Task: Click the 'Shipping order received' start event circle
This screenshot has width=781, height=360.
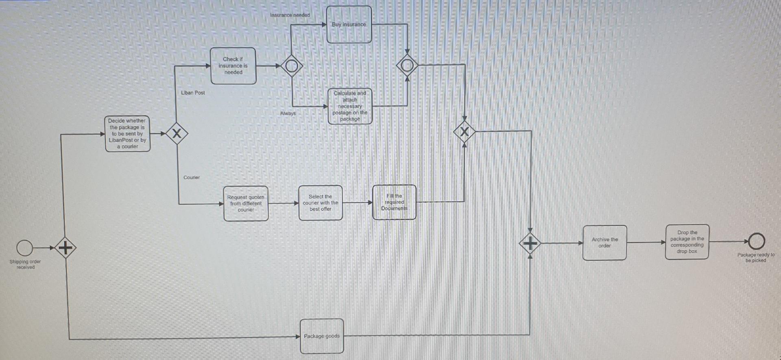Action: (25, 248)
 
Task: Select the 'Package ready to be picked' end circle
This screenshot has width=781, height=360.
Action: (756, 241)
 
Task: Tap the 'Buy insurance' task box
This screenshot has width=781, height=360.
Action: (349, 24)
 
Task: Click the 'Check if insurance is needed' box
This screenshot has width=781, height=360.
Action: (233, 66)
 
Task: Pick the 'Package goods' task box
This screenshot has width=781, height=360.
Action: (322, 336)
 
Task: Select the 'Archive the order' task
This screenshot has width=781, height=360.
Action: (605, 243)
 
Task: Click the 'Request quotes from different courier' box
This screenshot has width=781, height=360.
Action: (246, 203)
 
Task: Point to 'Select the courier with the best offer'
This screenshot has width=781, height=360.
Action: (321, 203)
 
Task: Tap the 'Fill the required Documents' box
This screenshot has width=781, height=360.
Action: (394, 202)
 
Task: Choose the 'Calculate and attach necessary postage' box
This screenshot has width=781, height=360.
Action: (350, 106)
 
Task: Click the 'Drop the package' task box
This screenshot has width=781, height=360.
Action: (687, 242)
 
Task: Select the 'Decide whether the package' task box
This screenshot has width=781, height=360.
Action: (128, 134)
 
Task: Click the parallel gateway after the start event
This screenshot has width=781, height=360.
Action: (65, 247)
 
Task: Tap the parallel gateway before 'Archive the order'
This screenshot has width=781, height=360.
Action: (530, 244)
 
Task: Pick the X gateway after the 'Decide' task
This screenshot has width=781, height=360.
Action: (177, 133)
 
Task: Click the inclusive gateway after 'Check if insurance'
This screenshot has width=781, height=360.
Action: (292, 65)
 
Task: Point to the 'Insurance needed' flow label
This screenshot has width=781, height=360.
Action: (290, 15)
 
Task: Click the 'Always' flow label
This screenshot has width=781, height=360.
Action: (288, 113)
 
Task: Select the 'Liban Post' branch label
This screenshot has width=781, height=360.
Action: (193, 93)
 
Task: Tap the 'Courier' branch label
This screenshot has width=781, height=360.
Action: (192, 177)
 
